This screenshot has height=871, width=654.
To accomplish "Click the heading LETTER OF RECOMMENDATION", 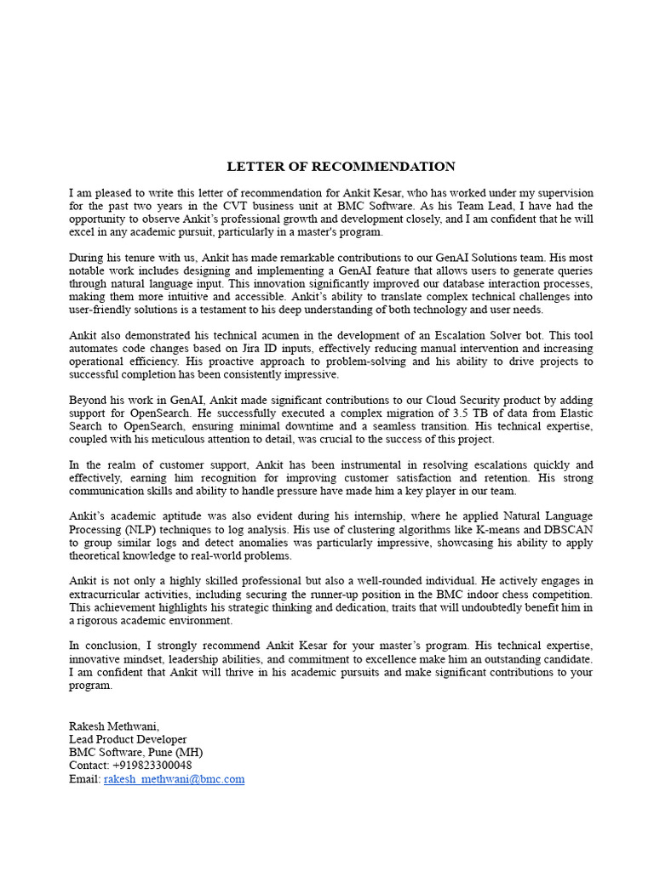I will coord(341,167).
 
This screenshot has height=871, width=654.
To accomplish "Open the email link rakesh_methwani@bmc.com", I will coord(174,779).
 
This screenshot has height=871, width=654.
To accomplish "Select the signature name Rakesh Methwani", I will coord(113,726).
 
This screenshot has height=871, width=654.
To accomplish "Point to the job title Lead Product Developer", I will coord(128,739).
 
